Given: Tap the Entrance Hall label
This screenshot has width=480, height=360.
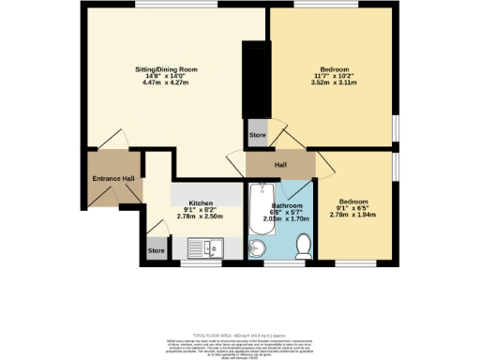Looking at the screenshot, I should tap(113, 178).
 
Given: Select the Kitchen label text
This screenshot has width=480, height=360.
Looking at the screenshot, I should tap(201, 202).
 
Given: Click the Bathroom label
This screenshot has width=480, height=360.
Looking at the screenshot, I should tap(286, 204).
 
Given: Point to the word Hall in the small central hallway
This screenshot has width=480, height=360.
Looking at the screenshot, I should tap(279, 165).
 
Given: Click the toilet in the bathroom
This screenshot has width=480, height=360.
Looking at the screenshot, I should tap(303, 247).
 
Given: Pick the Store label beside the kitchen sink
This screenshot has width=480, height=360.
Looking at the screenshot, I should tap(156, 250).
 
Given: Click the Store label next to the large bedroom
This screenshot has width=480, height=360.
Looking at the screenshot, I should tap(257, 136).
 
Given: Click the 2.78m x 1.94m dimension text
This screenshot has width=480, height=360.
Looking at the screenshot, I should tap(352, 217).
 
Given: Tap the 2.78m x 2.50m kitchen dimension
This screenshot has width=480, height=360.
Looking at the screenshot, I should tap(201, 217).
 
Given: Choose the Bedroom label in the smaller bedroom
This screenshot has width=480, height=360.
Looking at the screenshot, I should tap(352, 202).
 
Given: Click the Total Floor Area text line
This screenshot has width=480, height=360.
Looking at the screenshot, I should tap(239, 335).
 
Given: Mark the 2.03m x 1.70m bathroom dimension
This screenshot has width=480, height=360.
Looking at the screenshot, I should tap(286, 218).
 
